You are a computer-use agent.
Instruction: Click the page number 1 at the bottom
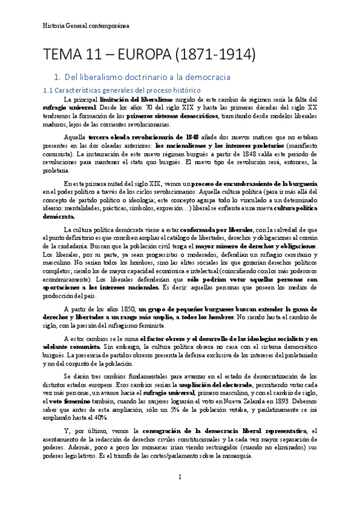(180, 477)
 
